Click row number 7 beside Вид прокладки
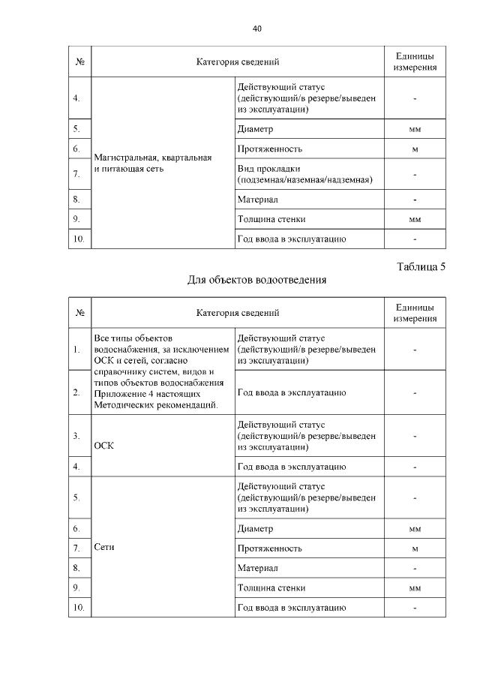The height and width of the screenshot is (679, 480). (x=77, y=174)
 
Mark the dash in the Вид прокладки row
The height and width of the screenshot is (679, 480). (x=414, y=174)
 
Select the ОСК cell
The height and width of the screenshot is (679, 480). (x=103, y=444)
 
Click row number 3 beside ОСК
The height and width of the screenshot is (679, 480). (x=77, y=436)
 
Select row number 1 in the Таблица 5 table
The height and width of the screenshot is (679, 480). (x=77, y=350)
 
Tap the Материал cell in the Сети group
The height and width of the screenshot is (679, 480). (x=257, y=568)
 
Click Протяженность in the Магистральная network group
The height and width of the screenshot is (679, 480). (x=269, y=149)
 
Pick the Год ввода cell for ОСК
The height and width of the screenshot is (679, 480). (x=290, y=467)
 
